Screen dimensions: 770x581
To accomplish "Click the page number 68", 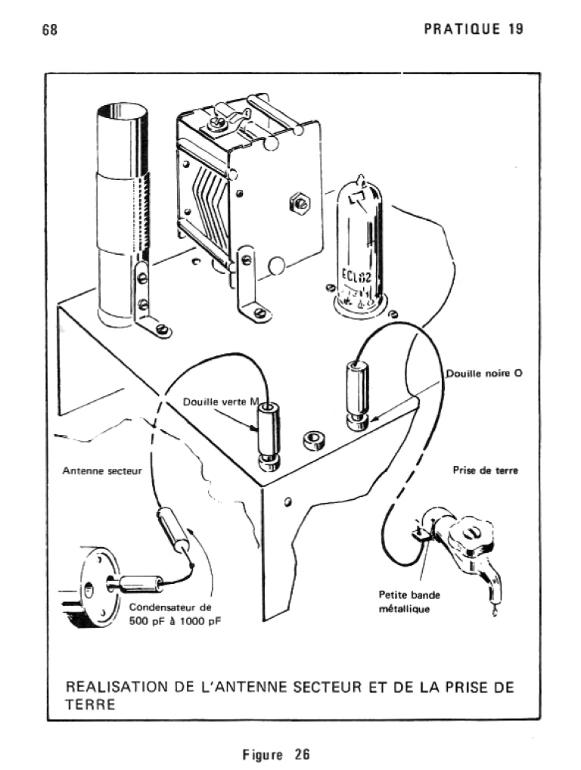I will [x=51, y=29].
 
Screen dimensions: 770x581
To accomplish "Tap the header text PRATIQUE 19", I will [x=474, y=29].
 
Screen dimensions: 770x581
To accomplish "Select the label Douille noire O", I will [x=483, y=374].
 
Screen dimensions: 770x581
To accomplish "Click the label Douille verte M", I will [x=220, y=402].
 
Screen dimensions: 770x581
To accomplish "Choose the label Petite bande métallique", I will [x=409, y=601].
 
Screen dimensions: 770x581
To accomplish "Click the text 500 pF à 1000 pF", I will [x=176, y=621].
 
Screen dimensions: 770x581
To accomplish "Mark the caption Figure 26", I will [x=276, y=754].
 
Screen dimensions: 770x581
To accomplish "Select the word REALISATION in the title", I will [x=117, y=687].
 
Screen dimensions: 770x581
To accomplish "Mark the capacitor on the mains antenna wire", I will [x=173, y=530].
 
